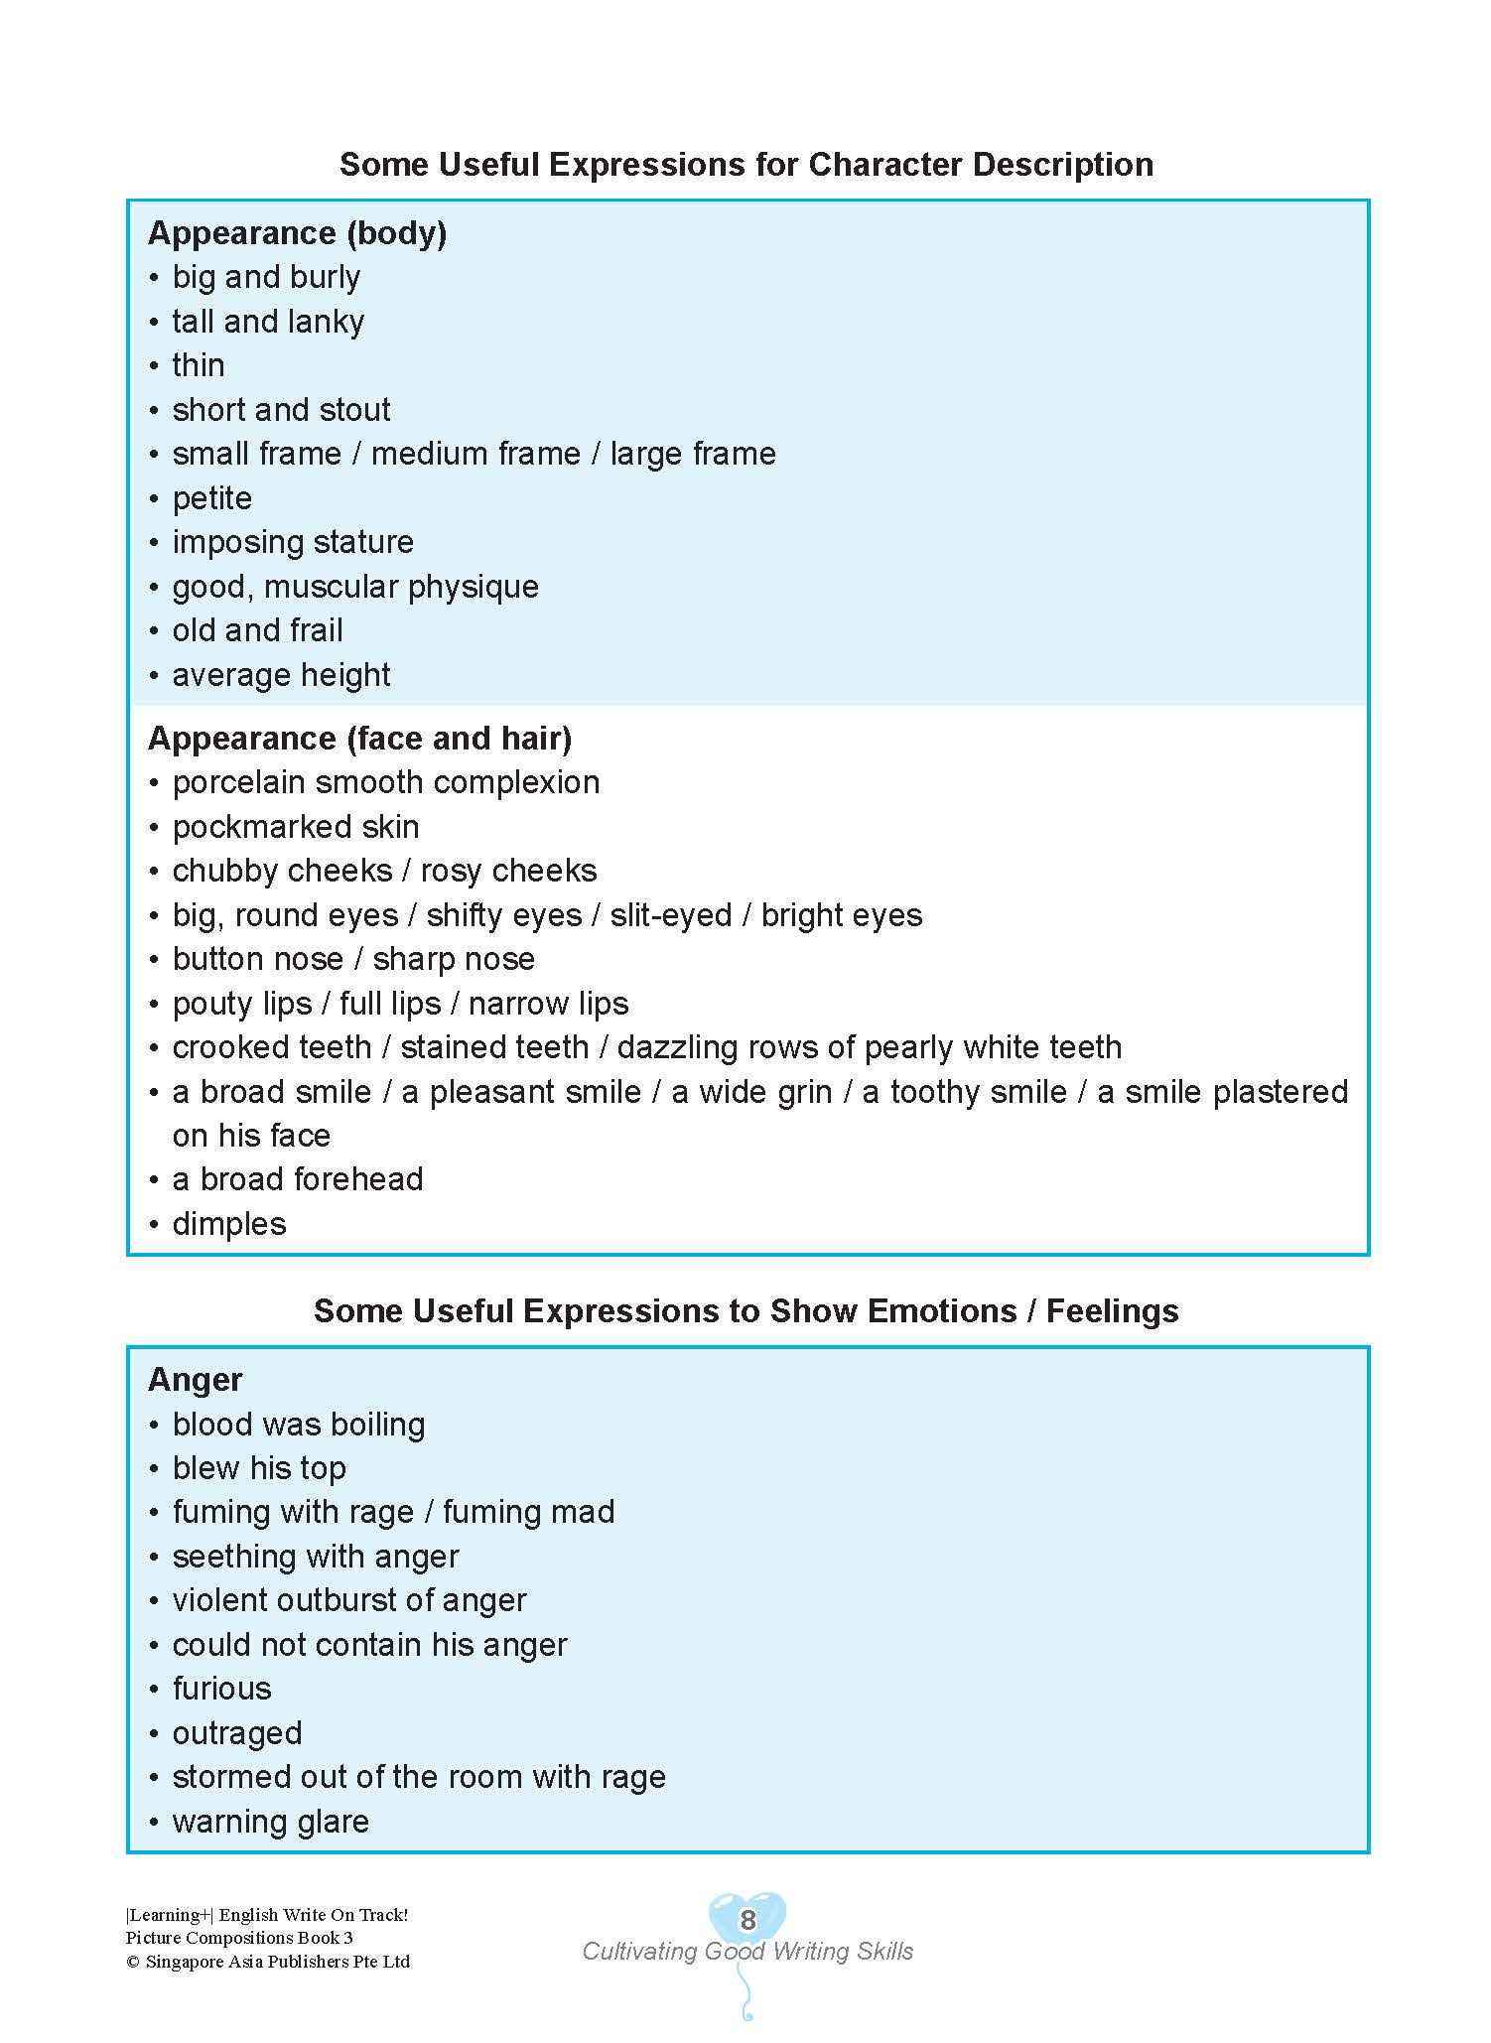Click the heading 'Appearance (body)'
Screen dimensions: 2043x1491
pyautogui.click(x=297, y=233)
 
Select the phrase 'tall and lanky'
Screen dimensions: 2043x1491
pyautogui.click(x=268, y=322)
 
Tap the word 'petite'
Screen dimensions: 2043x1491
pyautogui.click(x=211, y=498)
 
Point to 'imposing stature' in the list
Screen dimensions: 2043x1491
pyautogui.click(x=293, y=542)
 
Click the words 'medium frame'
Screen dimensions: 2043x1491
pyautogui.click(x=475, y=454)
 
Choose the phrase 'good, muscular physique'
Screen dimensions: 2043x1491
pyautogui.click(x=355, y=587)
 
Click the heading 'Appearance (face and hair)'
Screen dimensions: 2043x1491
pyautogui.click(x=359, y=739)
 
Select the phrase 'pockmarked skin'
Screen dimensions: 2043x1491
pyautogui.click(x=296, y=827)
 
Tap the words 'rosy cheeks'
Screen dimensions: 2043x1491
pyautogui.click(x=508, y=871)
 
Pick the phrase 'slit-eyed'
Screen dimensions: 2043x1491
pyautogui.click(x=671, y=915)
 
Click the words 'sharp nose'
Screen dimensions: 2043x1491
pyautogui.click(x=454, y=959)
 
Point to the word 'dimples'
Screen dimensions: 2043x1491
pyautogui.click(x=229, y=1224)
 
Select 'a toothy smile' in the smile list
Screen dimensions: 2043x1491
pyautogui.click(x=964, y=1092)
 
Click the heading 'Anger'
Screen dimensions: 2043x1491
pyautogui.click(x=195, y=1380)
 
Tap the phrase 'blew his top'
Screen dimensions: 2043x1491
pyautogui.click(x=259, y=1468)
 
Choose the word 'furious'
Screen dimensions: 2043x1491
pyautogui.click(x=221, y=1689)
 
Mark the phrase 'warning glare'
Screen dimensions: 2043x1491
pyautogui.click(x=270, y=1822)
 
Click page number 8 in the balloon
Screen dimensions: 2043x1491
pyautogui.click(x=747, y=1920)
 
